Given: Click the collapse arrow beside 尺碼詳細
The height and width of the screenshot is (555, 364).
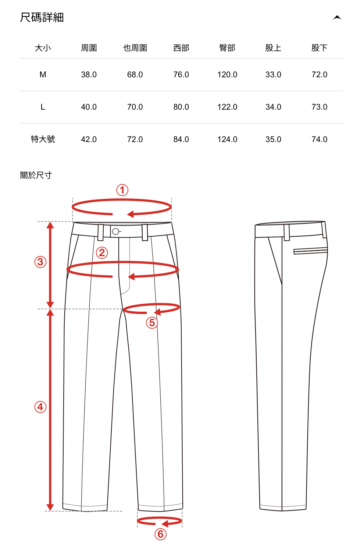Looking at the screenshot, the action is click(337, 18).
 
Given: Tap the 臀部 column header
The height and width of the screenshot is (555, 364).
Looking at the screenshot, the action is click(227, 48).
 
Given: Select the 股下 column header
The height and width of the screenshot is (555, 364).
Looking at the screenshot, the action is click(319, 48).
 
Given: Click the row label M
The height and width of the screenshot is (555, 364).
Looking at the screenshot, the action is click(43, 75).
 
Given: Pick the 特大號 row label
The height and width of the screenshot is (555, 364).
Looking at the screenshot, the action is click(43, 139).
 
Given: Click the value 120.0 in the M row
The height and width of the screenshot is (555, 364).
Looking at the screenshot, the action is click(227, 75).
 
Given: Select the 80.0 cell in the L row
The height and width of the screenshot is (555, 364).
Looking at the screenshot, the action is click(181, 107).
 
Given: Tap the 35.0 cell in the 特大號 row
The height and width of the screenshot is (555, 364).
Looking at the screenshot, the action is click(273, 139).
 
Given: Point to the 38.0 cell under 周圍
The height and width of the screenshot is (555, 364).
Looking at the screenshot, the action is click(89, 75).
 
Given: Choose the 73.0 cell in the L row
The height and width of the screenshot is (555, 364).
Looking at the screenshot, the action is click(319, 107).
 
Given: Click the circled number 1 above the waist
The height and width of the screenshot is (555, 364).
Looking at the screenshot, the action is click(122, 190).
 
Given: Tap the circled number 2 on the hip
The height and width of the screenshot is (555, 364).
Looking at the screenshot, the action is click(102, 253).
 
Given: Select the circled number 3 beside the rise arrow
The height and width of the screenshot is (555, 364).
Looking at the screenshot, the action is click(40, 262).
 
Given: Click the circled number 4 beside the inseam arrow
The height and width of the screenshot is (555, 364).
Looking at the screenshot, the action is click(40, 407).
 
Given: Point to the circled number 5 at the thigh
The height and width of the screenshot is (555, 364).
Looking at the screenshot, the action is click(152, 323).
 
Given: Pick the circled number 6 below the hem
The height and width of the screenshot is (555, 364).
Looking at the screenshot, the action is click(160, 534).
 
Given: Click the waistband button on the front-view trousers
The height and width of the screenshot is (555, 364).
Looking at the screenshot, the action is click(115, 231).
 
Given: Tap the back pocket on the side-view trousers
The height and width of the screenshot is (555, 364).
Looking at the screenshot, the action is click(310, 251).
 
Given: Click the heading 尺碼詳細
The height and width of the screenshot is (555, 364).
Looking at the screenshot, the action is click(42, 17).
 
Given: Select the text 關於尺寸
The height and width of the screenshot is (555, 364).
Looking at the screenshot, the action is click(36, 175).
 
